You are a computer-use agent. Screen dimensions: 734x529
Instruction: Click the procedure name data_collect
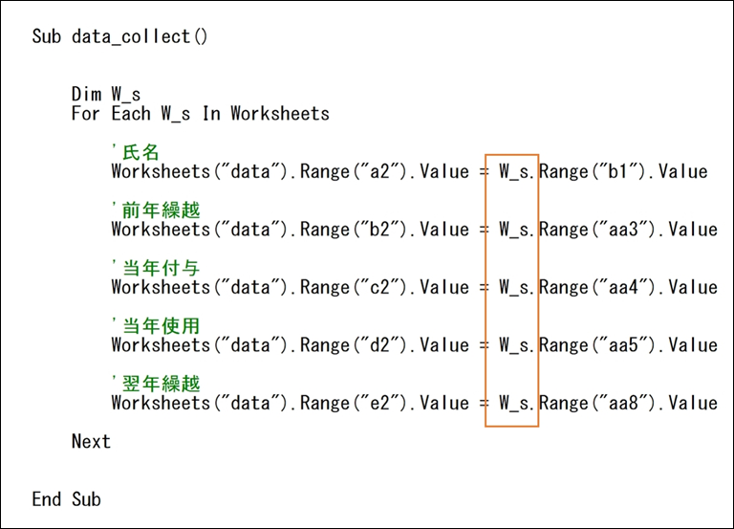131,36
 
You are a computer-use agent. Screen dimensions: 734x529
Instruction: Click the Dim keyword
86,94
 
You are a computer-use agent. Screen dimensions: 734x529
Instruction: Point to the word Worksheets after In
280,114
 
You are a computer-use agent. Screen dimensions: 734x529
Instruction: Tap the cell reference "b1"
618,171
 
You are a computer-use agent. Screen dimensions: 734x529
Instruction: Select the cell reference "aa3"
623,230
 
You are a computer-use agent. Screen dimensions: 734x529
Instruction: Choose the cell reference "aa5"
623,345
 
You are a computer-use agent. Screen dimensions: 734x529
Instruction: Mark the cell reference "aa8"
623,403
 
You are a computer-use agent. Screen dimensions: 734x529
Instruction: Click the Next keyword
91,441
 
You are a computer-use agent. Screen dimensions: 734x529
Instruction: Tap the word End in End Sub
46,499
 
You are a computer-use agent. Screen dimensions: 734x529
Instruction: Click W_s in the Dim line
126,95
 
